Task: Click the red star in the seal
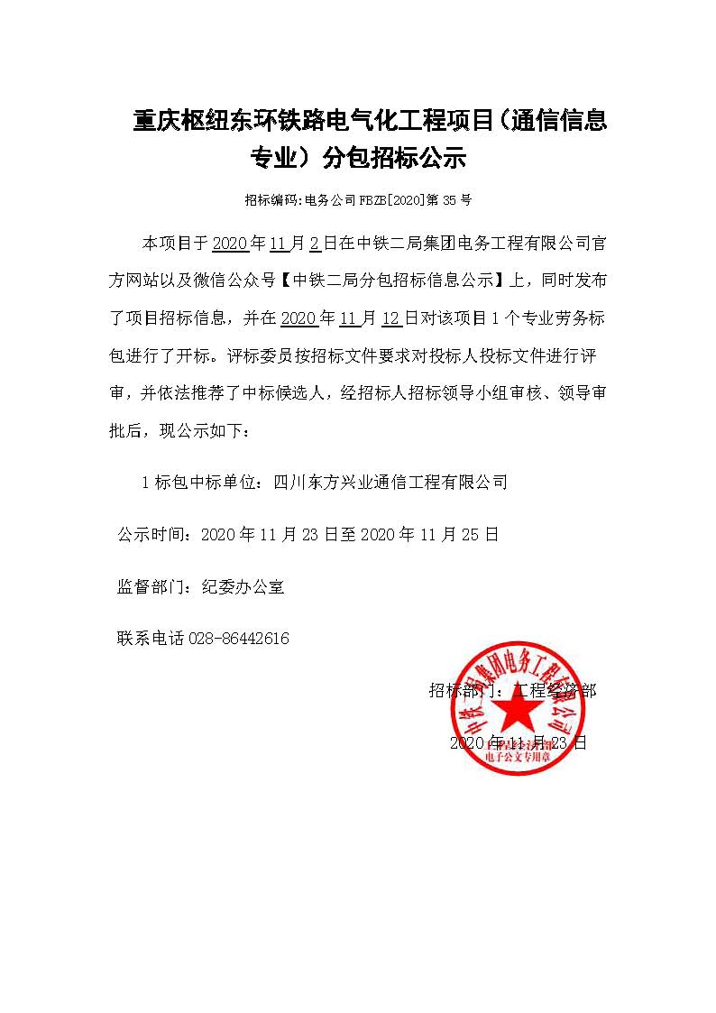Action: coord(517,714)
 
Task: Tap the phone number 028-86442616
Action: coord(239,639)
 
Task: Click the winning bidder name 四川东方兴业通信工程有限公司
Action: coord(390,483)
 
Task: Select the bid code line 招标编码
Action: coord(358,200)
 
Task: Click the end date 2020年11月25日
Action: coord(429,534)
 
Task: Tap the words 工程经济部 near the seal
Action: coord(554,691)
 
